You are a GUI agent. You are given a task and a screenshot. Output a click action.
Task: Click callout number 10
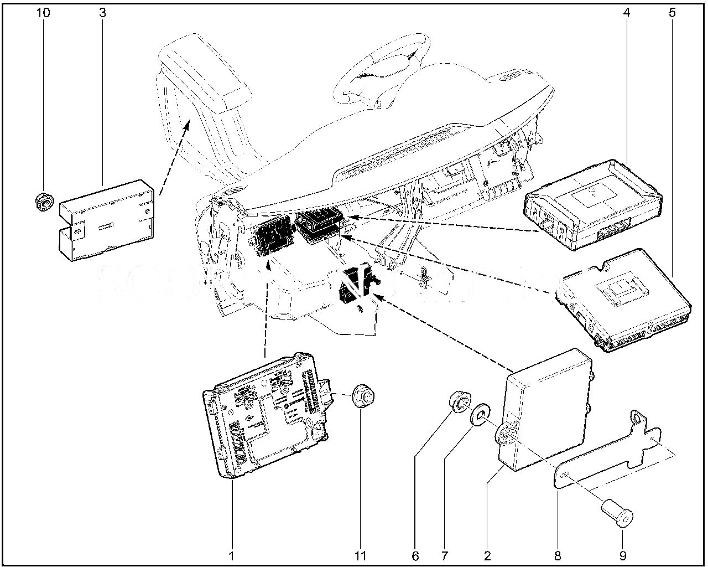click(43, 12)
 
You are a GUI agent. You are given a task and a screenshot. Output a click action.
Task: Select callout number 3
click(102, 12)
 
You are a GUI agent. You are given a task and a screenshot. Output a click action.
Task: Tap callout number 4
click(627, 12)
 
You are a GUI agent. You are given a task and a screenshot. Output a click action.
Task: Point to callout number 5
click(672, 12)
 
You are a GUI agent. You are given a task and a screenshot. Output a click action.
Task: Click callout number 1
click(231, 555)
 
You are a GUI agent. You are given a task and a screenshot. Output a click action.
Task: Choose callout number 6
click(415, 555)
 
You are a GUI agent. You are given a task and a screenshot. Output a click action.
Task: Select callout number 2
click(487, 555)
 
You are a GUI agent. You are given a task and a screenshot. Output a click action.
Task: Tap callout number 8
click(558, 555)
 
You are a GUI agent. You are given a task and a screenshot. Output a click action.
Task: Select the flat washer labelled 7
click(479, 415)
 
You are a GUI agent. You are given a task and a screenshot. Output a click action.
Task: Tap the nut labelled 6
click(459, 401)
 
